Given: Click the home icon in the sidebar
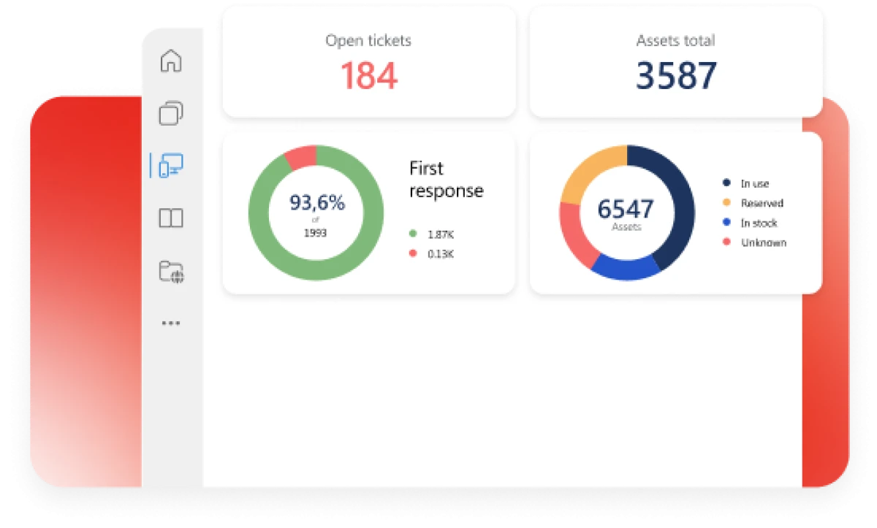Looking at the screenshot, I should pyautogui.click(x=170, y=61).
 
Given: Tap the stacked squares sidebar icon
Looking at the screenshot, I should pyautogui.click(x=170, y=113).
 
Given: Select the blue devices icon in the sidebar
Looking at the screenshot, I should pyautogui.click(x=170, y=166).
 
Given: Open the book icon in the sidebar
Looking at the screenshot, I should pyautogui.click(x=170, y=218).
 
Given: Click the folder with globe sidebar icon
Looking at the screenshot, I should pyautogui.click(x=171, y=271).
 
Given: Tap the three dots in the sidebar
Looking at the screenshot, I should pyautogui.click(x=170, y=323).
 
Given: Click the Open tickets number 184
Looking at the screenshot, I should pyautogui.click(x=369, y=75).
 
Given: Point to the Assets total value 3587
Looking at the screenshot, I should pyautogui.click(x=676, y=75).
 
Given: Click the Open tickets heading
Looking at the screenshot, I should pyautogui.click(x=368, y=40).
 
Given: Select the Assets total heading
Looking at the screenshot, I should pyautogui.click(x=675, y=40).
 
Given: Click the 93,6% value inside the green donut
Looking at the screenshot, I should pyautogui.click(x=316, y=202).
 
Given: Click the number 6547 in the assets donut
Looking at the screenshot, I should pyautogui.click(x=626, y=209).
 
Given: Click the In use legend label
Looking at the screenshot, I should pyautogui.click(x=754, y=183).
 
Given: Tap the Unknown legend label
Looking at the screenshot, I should pyautogui.click(x=763, y=242).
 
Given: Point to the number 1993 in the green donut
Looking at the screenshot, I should pyautogui.click(x=316, y=233).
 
